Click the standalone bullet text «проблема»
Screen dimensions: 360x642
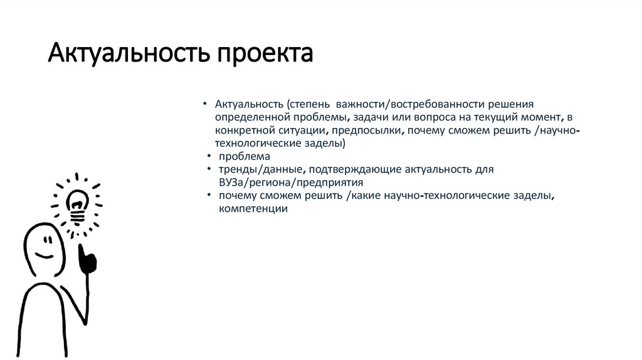coord(245,156)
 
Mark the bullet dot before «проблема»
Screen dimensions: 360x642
coord(209,156)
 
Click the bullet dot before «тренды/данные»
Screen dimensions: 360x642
coord(209,170)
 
